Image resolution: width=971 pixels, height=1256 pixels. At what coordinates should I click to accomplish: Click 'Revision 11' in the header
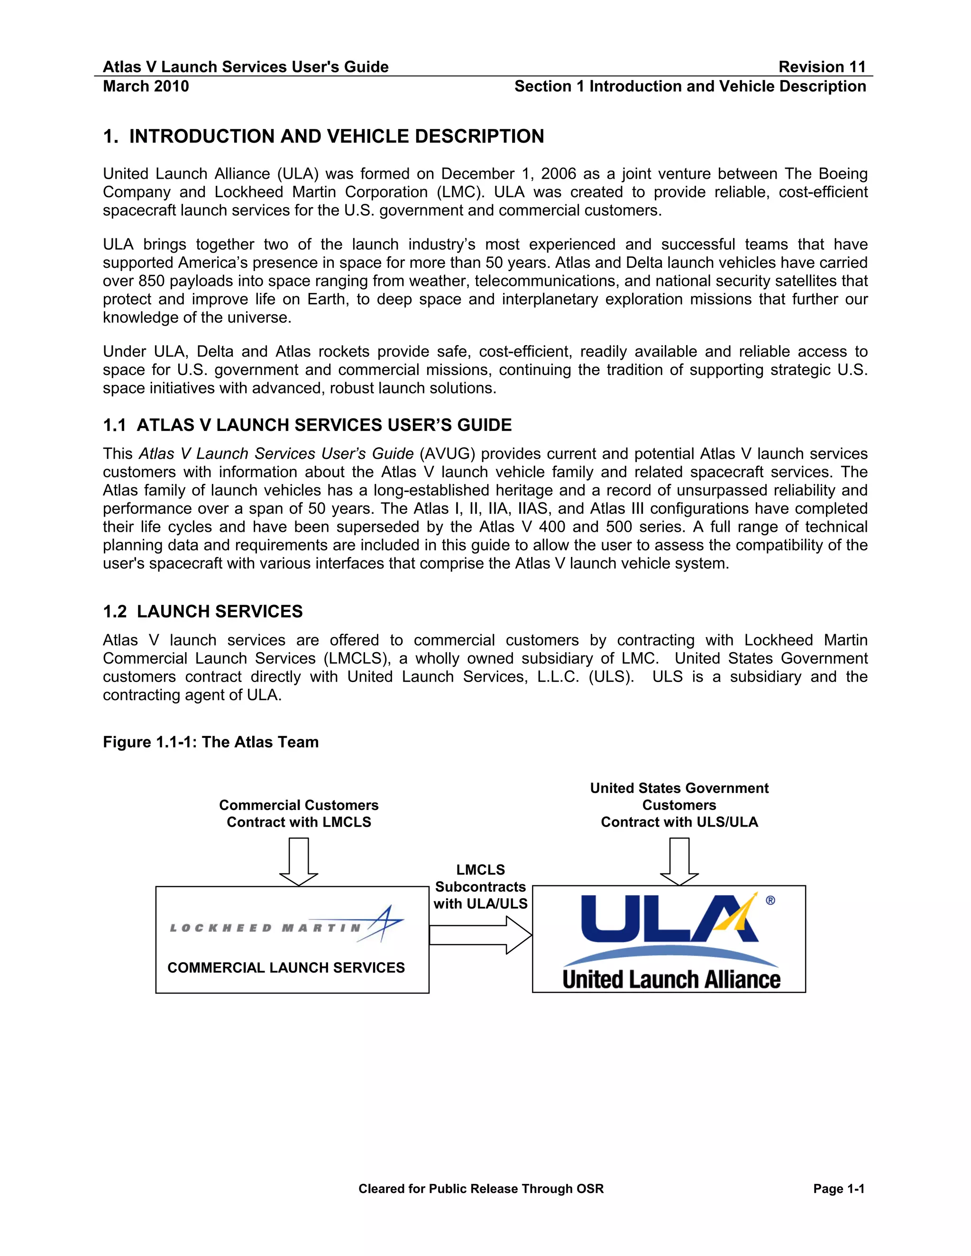coord(822,67)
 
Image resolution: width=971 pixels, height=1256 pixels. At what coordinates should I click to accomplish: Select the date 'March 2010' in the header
coord(146,86)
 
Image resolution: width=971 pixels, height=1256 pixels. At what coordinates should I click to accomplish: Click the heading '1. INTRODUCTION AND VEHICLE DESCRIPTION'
coord(323,137)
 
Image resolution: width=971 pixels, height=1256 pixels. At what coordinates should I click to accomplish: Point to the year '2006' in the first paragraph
coord(558,173)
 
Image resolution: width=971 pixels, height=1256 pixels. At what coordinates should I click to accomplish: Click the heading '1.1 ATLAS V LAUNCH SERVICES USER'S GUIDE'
coord(307,425)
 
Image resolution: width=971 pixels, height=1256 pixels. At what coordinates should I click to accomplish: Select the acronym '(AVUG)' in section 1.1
coord(447,454)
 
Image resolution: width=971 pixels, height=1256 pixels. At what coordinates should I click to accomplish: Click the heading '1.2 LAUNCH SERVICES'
coord(202,611)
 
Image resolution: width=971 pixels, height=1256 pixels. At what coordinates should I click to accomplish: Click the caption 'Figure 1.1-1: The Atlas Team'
coord(211,742)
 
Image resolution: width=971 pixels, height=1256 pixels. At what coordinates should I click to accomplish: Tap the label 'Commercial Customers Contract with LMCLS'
coord(299,813)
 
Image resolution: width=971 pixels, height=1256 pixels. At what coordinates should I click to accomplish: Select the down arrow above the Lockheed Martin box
coord(299,861)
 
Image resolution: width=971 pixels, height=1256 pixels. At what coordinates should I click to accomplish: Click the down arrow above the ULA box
coord(679,861)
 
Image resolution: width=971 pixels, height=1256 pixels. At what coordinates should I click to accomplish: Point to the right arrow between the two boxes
coord(481,935)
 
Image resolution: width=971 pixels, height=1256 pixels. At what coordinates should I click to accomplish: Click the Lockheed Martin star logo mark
coord(382,923)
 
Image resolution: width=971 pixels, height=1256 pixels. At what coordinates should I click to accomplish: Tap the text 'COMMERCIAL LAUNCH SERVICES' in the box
coord(286,968)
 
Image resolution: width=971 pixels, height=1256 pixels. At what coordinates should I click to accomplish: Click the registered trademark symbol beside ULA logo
coord(770,901)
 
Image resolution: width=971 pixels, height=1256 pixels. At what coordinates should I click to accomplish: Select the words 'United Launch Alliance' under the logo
coord(671,979)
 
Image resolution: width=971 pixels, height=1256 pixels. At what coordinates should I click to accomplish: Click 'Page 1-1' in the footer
coord(838,1189)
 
